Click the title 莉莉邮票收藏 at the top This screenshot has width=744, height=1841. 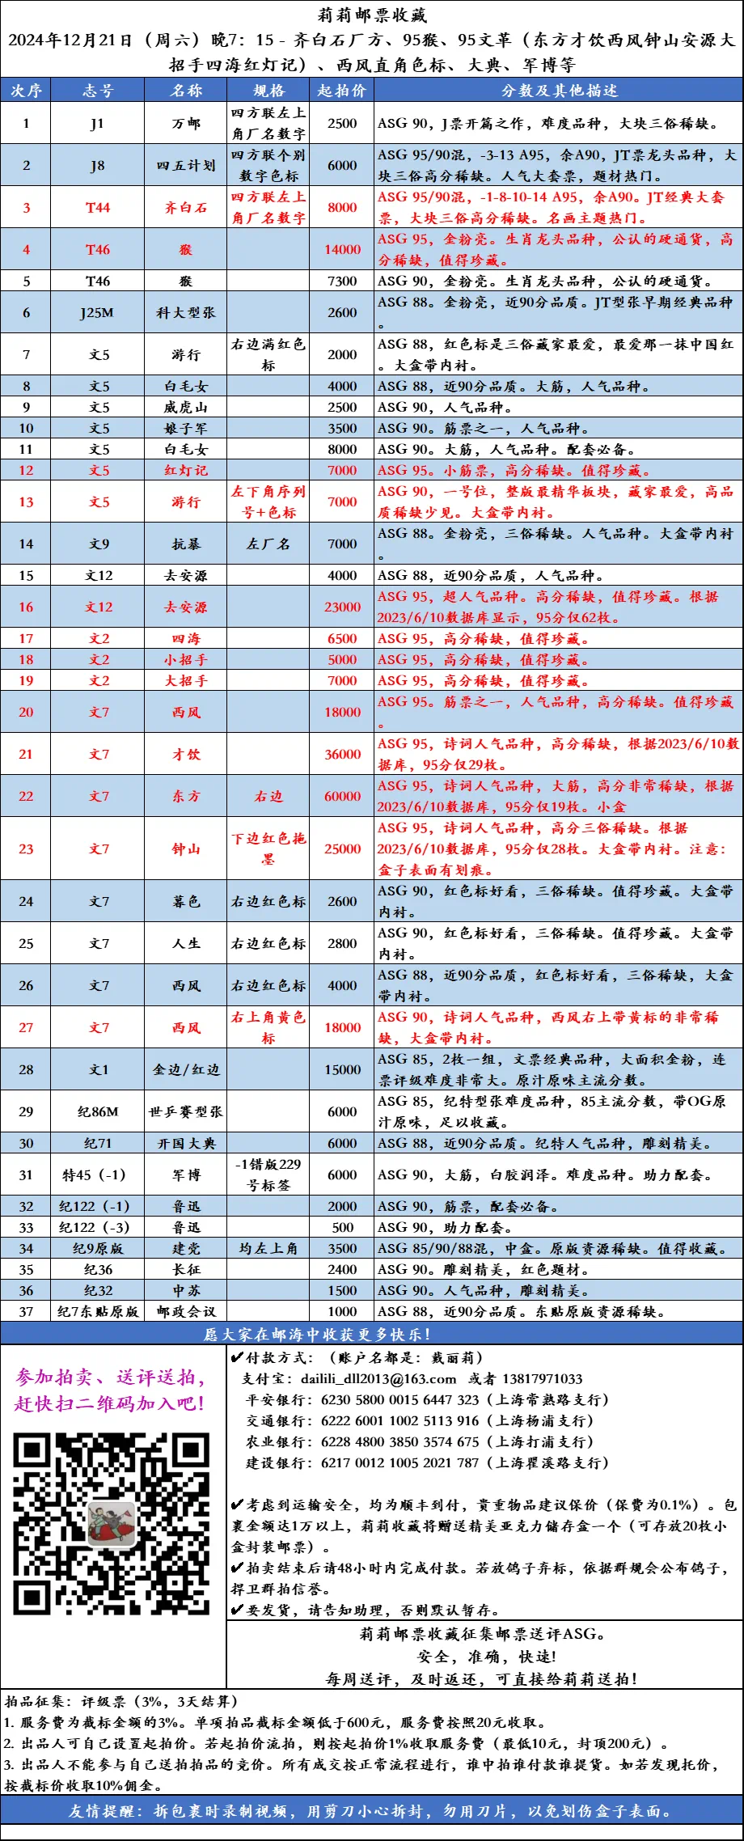click(372, 15)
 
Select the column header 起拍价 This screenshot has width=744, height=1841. click(341, 91)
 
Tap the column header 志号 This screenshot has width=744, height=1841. click(98, 91)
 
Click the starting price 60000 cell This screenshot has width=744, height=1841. click(342, 797)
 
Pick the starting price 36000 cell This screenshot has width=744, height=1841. click(342, 755)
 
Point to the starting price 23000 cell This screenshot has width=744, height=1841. click(342, 607)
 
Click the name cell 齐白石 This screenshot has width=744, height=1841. click(186, 208)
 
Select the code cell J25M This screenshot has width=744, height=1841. click(97, 313)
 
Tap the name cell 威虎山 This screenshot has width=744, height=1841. click(186, 408)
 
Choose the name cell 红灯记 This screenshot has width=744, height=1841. click(186, 471)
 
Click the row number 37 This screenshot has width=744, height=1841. click(26, 1312)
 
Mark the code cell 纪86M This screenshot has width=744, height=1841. click(98, 1112)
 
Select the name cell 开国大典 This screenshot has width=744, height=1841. click(186, 1144)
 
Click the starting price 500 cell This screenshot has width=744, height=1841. click(342, 1228)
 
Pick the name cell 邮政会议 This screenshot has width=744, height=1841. click(186, 1312)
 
